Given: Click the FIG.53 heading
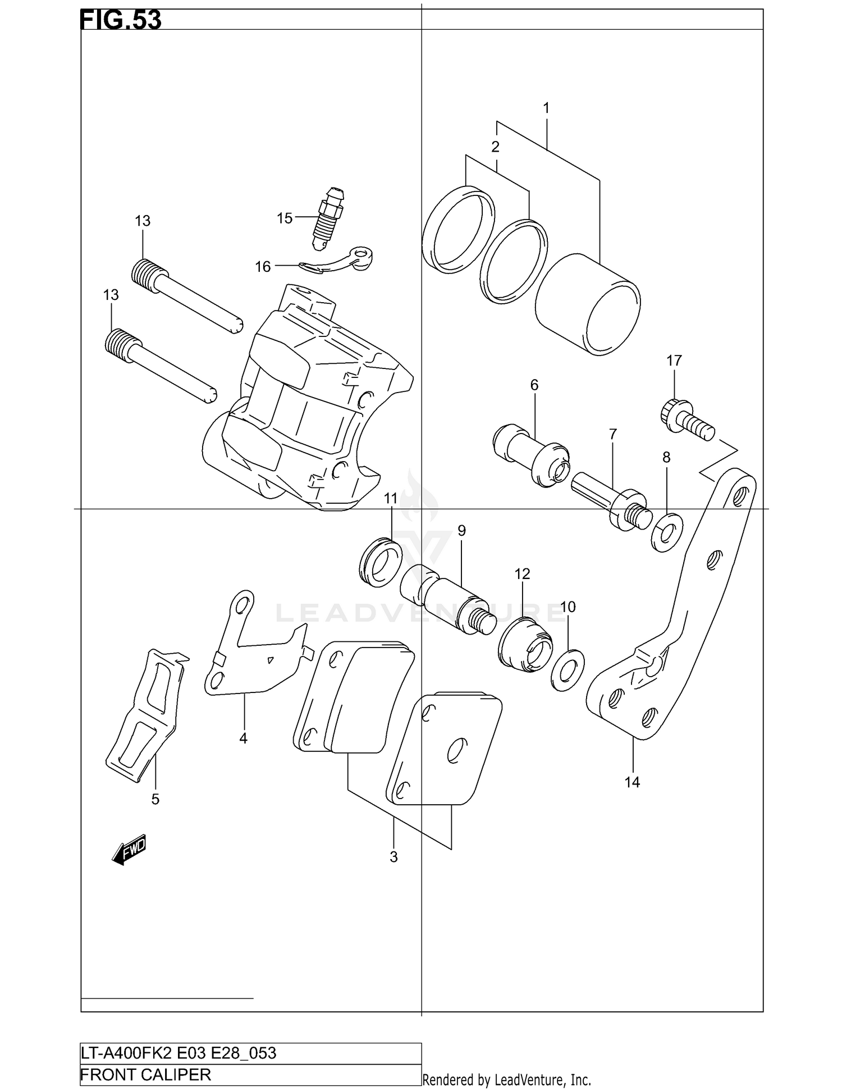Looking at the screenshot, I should click(x=121, y=20).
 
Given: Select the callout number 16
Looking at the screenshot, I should click(x=263, y=267).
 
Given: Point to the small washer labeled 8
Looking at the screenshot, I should click(x=667, y=532).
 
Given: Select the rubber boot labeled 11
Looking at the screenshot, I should click(x=381, y=562).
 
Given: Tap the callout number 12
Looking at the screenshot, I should click(x=522, y=574).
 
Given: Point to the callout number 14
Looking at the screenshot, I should click(x=632, y=782).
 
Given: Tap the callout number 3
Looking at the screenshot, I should click(x=393, y=857).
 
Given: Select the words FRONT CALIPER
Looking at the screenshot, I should click(x=146, y=1075).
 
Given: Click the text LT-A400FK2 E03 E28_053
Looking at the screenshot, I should click(x=179, y=1053).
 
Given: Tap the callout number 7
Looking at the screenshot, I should click(x=612, y=434).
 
